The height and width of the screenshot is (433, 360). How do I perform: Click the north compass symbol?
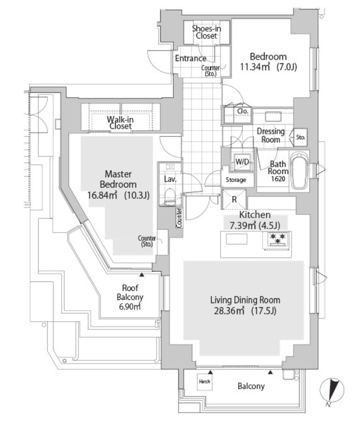332,390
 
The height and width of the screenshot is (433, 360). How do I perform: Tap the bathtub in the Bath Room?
299,171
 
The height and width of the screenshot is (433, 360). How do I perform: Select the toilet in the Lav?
170,196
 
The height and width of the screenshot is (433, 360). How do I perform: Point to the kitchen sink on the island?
236,239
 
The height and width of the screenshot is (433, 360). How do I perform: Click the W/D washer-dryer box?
242,161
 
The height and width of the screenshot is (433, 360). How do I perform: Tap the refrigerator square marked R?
235,199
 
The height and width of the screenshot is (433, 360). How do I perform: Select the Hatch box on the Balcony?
204,382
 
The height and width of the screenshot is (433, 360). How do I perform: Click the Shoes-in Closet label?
206,32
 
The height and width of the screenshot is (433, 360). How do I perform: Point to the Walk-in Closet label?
120,123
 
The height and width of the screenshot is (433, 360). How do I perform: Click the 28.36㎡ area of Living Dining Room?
229,311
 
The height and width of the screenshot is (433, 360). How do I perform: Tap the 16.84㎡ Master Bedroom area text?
103,195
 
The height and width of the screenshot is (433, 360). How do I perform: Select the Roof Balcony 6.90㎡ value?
130,306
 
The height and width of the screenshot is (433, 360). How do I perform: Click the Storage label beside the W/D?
236,180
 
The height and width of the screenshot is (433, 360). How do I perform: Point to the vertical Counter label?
179,218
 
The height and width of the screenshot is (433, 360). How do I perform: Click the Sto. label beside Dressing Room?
300,137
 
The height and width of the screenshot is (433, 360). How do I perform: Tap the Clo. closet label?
243,111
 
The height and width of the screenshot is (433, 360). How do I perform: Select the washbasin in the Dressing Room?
273,116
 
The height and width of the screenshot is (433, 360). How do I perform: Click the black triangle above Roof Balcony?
142,275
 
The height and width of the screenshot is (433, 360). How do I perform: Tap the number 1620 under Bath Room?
278,179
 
